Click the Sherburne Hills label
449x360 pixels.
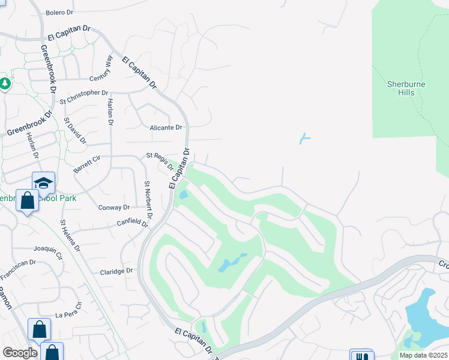pos(406,88)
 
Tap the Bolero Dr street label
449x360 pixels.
pos(59,12)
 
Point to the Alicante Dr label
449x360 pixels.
pos(166,127)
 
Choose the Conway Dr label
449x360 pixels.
pos(113,208)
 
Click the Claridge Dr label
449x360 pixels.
pos(116,271)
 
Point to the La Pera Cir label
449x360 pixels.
pos(67,314)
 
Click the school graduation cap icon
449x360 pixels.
pos(44,182)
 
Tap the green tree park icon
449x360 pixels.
pos(4,83)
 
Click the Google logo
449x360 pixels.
pos(20,353)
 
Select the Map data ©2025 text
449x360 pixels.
pos(423,355)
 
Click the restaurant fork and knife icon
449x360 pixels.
pos(361,356)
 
